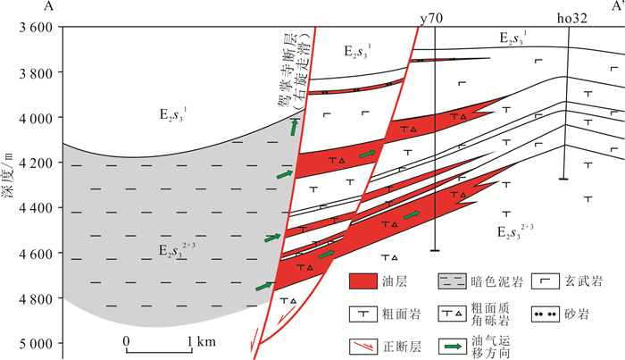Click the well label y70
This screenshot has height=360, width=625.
[x=432, y=17]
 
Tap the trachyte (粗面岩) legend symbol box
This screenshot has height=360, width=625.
[x=365, y=314]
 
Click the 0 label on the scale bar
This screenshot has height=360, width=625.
[x=127, y=341]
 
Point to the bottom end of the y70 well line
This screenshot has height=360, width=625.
[x=433, y=251]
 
